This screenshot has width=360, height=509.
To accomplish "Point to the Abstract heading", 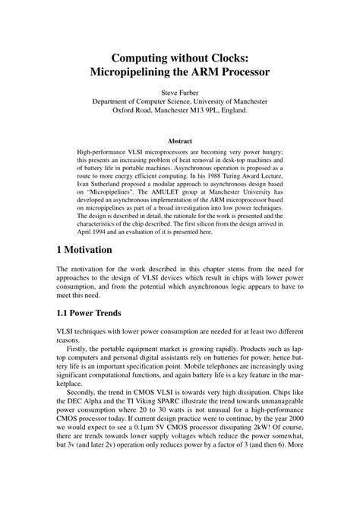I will click(180, 141).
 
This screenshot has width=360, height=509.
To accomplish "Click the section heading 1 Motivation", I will click(84, 249).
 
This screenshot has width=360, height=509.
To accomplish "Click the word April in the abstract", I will click(87, 226).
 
